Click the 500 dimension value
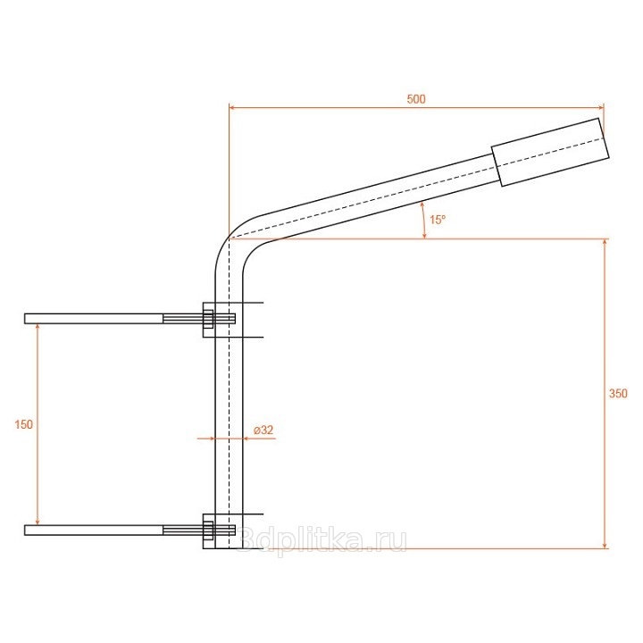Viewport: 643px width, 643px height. pos(416,99)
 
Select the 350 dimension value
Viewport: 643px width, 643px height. pos(618,393)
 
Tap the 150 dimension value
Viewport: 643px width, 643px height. pos(23,424)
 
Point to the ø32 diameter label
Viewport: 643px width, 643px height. pos(263,430)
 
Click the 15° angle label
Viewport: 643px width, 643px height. pos(437,220)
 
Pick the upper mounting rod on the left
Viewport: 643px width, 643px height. pos(94,319)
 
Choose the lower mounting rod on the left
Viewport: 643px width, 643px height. pos(94,530)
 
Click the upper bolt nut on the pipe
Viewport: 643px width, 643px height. pos(208,319)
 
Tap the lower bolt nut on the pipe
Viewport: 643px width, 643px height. pos(208,530)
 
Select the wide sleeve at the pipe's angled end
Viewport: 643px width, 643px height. pos(550,152)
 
